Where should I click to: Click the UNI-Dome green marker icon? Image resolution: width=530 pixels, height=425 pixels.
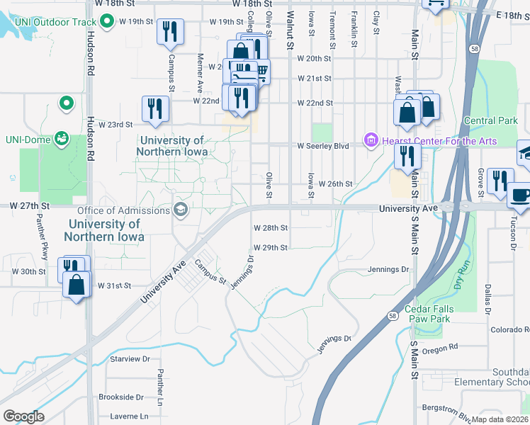(x=62, y=137)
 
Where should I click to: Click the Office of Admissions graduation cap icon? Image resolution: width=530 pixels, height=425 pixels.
(x=180, y=209)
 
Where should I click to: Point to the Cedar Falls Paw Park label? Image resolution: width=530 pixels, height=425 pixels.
(x=437, y=314)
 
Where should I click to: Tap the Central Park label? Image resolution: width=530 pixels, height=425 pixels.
(x=490, y=121)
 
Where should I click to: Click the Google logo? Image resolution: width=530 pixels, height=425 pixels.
(x=23, y=416)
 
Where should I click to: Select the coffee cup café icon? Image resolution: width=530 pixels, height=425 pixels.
(x=520, y=193)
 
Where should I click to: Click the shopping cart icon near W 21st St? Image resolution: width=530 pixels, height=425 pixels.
(x=261, y=70)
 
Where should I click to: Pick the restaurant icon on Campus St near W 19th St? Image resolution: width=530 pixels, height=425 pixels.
(x=170, y=32)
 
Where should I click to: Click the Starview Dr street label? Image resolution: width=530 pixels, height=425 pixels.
(x=130, y=359)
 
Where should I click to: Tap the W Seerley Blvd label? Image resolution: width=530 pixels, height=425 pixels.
(x=323, y=146)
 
